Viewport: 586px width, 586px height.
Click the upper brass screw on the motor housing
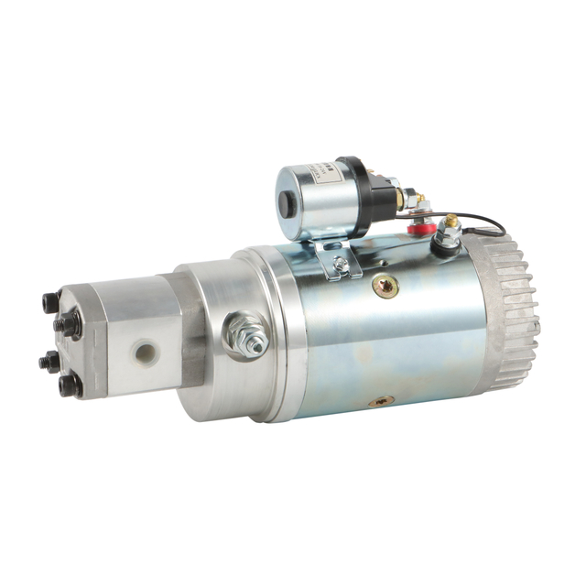pyautogui.click(x=385, y=287)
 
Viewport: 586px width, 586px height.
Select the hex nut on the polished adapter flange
pyautogui.click(x=249, y=335)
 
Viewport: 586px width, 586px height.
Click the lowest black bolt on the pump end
pyautogui.click(x=69, y=385)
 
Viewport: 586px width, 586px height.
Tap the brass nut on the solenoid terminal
pyautogui.click(x=409, y=198)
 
